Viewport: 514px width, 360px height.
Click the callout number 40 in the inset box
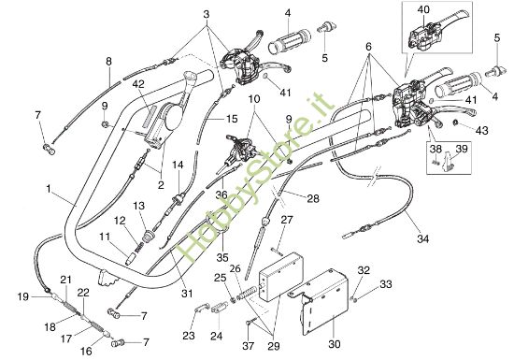click(x=423, y=9)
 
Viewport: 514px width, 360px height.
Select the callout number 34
click(x=423, y=239)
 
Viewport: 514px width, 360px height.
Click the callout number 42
click(x=138, y=85)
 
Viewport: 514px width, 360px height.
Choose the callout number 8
click(x=108, y=62)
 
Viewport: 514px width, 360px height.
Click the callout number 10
click(x=253, y=99)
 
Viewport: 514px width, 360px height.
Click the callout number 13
click(x=138, y=206)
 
